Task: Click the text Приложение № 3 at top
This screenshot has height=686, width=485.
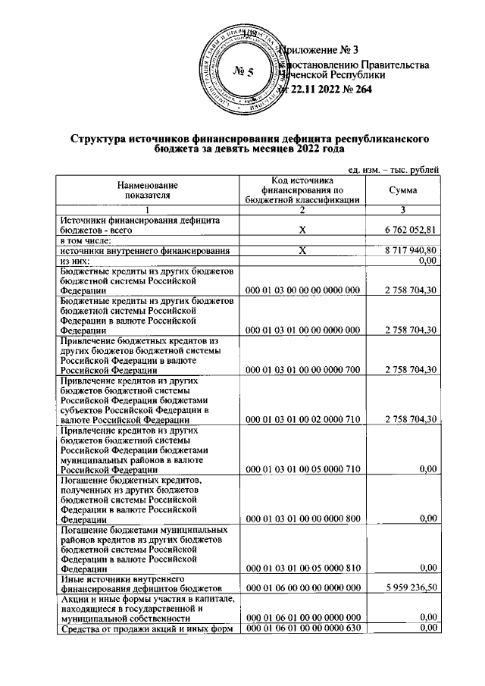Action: click(318, 50)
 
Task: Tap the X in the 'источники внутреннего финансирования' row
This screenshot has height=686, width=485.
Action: click(302, 250)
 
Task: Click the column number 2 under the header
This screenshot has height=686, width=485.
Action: click(302, 208)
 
